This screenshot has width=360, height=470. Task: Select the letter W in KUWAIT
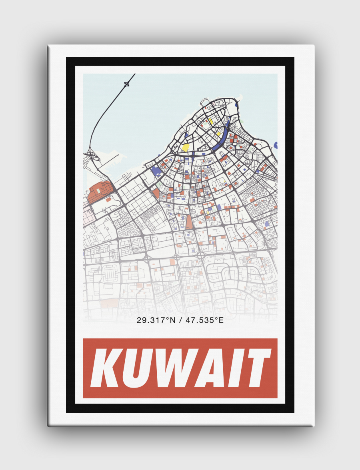pos(181,368)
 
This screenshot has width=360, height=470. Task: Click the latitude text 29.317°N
pos(153,320)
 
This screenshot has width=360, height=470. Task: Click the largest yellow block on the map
pos(186,147)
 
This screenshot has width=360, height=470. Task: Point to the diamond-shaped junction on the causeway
pos(127,84)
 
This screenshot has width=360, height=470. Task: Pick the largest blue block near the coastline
pos(156,171)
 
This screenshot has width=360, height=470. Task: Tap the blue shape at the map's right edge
pos(276,145)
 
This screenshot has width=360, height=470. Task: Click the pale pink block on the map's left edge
pos(88,212)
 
